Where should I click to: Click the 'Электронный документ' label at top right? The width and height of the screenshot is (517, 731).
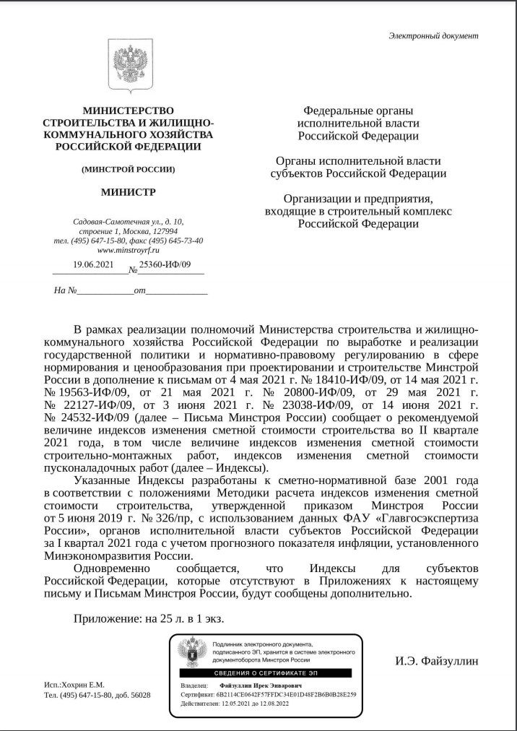pos(433,35)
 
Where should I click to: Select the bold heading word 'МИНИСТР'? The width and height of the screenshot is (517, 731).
pos(128,192)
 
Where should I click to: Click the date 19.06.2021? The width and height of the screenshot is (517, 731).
pos(94,265)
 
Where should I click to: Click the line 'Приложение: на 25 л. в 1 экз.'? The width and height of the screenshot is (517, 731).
pos(149,618)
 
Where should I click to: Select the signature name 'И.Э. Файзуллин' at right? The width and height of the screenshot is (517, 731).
pos(435,661)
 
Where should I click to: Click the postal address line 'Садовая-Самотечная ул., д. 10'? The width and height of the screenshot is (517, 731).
pos(128,221)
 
